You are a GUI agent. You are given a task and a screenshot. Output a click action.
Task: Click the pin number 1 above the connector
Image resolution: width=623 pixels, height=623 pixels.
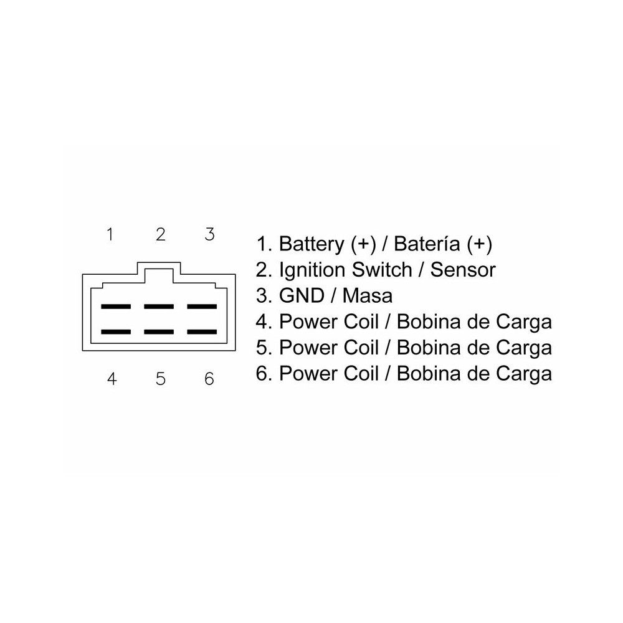pos(110,234)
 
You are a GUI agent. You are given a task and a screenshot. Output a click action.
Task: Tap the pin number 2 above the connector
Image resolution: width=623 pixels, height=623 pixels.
pos(160,234)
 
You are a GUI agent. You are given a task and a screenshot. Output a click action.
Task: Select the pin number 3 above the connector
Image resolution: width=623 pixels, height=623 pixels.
pos(209,234)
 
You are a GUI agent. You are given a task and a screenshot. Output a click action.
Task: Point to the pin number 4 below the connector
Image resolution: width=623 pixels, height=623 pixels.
pos(112,379)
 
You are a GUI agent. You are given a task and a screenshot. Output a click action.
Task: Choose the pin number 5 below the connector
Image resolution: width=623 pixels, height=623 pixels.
pos(160,379)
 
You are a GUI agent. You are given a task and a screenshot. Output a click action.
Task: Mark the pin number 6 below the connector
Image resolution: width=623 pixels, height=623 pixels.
pos(209,379)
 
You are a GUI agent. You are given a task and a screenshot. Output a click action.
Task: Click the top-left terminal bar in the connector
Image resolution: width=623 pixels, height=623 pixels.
pos(116,307)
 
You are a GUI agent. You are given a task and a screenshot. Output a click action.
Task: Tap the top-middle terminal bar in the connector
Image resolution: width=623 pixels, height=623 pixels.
pos(159,307)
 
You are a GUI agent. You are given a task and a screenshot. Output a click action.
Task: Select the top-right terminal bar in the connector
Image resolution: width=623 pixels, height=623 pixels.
pos(202,307)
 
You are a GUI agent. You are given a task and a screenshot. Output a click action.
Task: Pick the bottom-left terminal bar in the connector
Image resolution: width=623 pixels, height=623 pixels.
pos(116,332)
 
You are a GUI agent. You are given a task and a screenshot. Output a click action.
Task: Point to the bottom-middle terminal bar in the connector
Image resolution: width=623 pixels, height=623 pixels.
pos(159,332)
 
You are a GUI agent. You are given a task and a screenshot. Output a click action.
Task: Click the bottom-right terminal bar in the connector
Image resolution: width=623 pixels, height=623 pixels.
pos(202,332)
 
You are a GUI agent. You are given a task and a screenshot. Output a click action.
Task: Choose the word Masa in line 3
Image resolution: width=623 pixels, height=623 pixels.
pos(369,296)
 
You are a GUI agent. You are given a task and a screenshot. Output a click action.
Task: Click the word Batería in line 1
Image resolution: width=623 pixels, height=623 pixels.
pos(427,244)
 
